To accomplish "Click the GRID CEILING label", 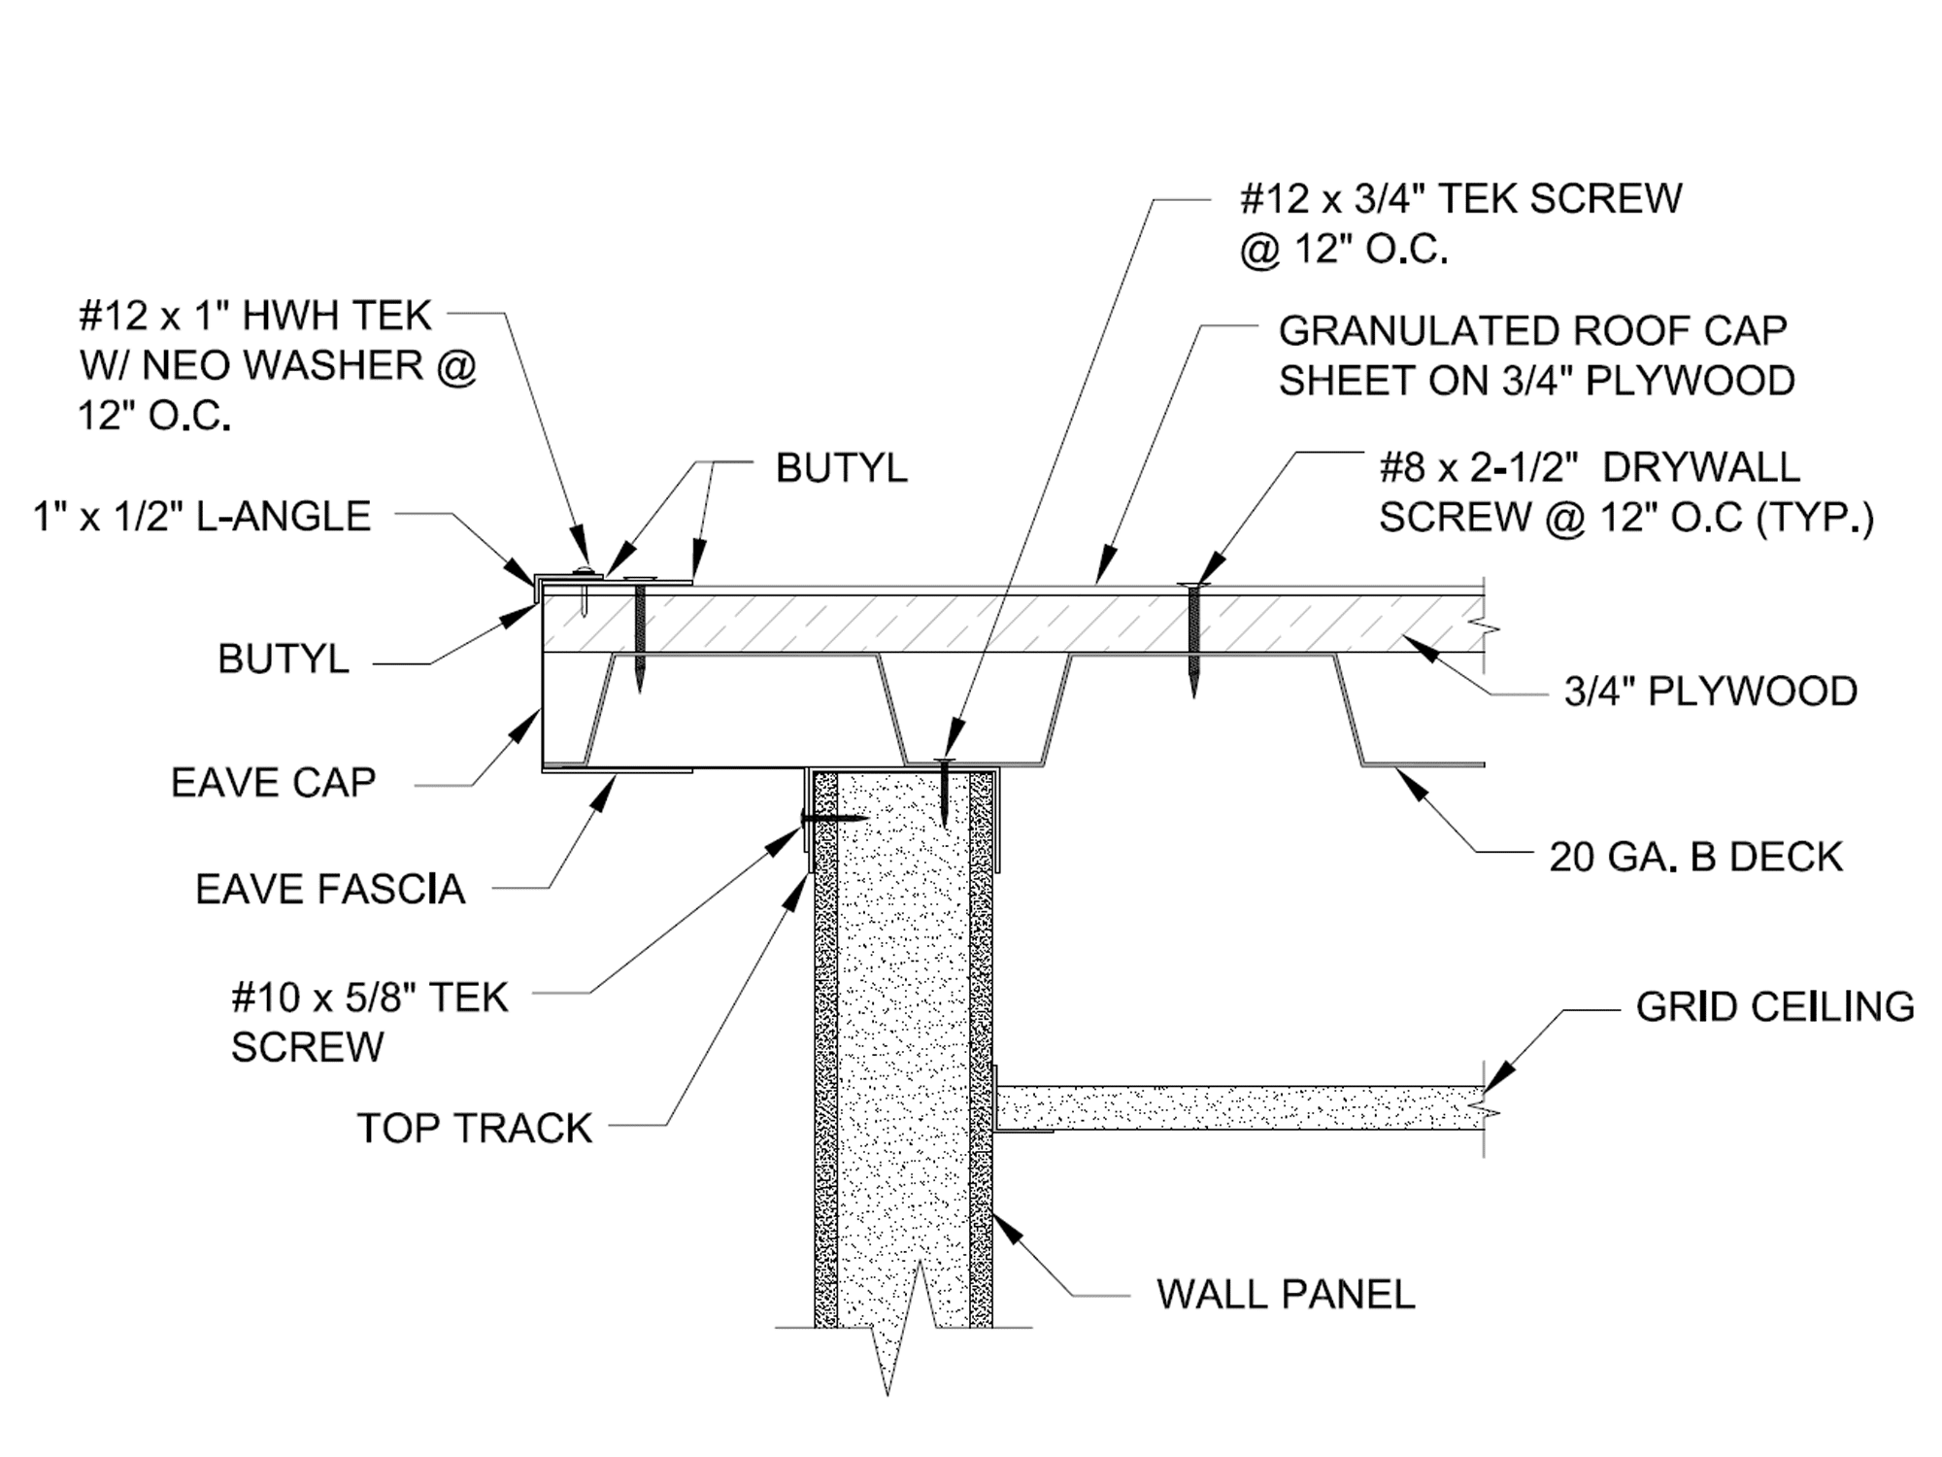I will (x=1774, y=1007).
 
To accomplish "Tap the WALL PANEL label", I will (x=1286, y=1294).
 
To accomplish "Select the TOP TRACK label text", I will (x=474, y=1128).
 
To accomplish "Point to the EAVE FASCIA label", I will (x=330, y=889).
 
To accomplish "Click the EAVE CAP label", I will (x=273, y=782).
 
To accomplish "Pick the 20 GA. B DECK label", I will (x=1695, y=857).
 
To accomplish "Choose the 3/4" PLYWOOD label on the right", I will (x=1710, y=692).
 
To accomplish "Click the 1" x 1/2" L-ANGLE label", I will (x=202, y=516).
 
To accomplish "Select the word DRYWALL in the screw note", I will (x=1700, y=467).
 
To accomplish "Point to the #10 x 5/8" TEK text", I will (x=370, y=998).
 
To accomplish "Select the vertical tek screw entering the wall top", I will (x=945, y=792).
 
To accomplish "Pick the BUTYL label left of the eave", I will (x=283, y=660).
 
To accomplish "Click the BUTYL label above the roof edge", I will (x=841, y=468).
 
